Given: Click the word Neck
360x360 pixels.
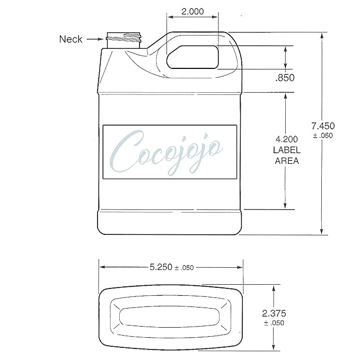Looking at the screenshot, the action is (x=71, y=39).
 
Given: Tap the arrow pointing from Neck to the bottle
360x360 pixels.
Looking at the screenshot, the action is (x=95, y=39).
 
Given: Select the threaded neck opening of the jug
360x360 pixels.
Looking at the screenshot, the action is (x=124, y=40).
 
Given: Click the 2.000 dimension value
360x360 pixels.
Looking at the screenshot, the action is (x=192, y=12).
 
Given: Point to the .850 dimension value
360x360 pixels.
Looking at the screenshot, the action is (x=285, y=78).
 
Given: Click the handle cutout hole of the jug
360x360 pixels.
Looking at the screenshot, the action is (x=192, y=57).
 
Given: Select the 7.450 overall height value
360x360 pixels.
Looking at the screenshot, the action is (x=323, y=126).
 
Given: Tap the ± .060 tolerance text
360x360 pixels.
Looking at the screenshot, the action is (x=323, y=135).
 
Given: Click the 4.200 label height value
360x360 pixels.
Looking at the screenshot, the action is (x=286, y=139).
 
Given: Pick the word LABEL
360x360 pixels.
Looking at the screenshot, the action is (x=287, y=150).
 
